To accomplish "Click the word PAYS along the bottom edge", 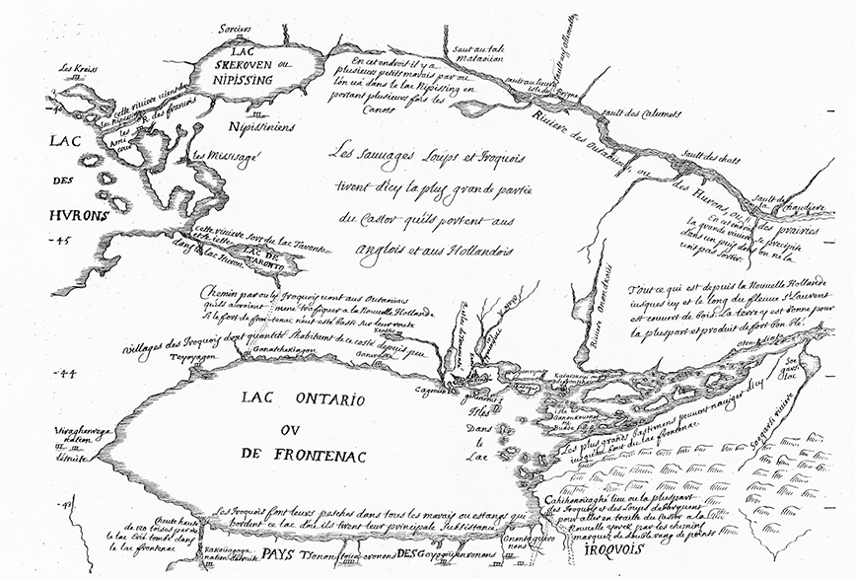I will click(x=282, y=554).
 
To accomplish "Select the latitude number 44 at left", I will click(x=67, y=374).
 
